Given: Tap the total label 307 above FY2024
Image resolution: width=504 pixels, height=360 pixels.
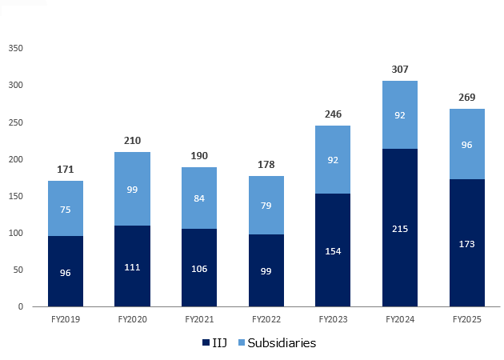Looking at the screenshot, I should coord(400,70).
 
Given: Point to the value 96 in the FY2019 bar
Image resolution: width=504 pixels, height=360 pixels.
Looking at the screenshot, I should coord(66,272).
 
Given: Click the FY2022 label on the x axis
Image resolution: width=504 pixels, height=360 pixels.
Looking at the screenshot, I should coord(266,318).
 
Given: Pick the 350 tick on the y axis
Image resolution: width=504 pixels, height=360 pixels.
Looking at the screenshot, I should coord(15,48).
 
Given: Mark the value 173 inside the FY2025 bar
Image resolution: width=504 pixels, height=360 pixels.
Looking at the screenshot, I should coord(467,243).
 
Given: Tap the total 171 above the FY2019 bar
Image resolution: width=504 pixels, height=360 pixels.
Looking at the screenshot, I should coord(66,170).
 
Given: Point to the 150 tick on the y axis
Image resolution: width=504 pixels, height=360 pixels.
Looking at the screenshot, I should coord(15,196).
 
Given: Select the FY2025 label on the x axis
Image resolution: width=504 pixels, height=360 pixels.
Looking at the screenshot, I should coord(467,318).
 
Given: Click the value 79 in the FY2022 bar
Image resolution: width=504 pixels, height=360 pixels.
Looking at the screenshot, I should coord(266,206).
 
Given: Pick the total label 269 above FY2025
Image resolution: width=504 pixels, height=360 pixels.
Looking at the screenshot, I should coord(467,98).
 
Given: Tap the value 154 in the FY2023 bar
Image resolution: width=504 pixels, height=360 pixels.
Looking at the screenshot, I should coord(333,250).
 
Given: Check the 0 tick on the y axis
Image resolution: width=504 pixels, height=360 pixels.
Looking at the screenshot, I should coord(21,306).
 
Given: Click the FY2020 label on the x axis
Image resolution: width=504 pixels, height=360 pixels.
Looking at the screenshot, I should coord(133,318).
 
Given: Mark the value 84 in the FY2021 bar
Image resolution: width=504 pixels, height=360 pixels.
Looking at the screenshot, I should coord(199,198).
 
